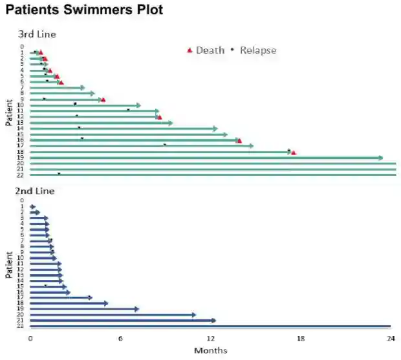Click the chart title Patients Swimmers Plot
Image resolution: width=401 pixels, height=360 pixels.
point(84,11)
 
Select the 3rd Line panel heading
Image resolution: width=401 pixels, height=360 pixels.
point(37,34)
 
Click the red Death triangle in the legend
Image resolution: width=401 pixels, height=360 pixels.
point(190,50)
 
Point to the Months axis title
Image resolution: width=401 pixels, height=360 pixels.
point(210,350)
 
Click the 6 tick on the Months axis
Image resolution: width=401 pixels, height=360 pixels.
point(120,339)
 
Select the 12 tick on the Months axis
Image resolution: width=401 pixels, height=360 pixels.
point(211,339)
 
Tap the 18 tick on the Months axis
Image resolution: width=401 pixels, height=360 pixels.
point(301,339)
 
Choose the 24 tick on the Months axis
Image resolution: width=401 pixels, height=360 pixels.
point(390,339)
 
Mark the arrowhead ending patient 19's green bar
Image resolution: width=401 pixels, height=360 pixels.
point(380,158)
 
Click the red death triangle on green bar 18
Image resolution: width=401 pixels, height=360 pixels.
point(294,153)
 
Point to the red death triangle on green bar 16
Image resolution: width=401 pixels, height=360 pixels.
point(239,140)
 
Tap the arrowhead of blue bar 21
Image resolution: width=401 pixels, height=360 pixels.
point(213,320)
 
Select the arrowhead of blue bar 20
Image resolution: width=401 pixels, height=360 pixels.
point(193,315)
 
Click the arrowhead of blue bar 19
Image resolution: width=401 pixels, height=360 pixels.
point(136,309)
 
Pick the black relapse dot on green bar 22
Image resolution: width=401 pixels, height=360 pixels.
point(59,173)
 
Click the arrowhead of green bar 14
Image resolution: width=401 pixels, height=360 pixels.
point(215,129)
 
